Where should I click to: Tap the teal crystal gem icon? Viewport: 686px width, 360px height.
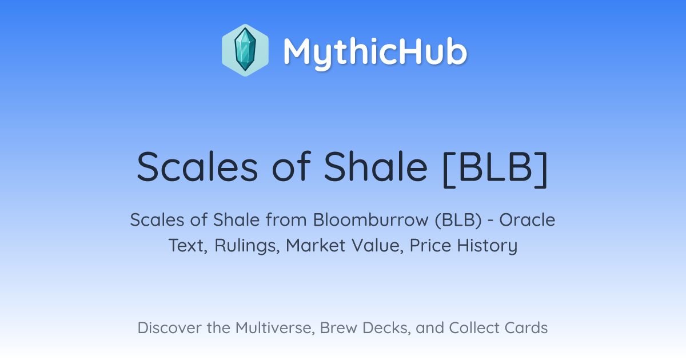(x=245, y=50)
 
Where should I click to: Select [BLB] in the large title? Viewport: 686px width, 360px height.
(x=495, y=168)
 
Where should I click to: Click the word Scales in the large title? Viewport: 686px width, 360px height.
(x=198, y=167)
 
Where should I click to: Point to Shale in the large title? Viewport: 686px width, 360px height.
(x=376, y=167)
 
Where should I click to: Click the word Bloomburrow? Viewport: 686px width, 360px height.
(x=370, y=220)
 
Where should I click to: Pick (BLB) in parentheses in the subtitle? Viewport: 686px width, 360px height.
(x=458, y=220)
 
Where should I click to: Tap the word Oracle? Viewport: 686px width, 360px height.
(x=527, y=220)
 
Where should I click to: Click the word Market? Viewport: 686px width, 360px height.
(x=316, y=245)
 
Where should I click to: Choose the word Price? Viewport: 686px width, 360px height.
(x=430, y=245)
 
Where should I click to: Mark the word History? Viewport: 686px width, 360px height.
(x=487, y=246)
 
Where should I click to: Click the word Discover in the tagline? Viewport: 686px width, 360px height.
(x=169, y=328)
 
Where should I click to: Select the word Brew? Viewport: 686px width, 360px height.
(x=338, y=328)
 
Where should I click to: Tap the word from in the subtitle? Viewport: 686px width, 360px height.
(x=286, y=220)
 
